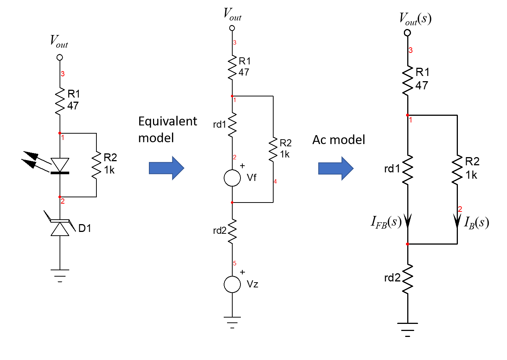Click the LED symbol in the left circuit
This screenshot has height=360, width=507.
pos(60,166)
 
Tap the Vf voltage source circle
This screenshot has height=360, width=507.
pos(232,178)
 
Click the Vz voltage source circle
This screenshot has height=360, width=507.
pos(232,284)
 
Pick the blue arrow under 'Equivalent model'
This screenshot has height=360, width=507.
pos(166,168)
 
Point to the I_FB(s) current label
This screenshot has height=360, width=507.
pos(386,222)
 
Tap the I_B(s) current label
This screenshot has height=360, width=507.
pos(477,222)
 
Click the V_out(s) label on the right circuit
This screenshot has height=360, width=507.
pos(415,19)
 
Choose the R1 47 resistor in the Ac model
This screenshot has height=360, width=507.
pos(408,79)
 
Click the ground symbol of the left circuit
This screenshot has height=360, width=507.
pos(60,275)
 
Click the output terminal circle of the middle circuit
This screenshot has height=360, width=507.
pos(232,28)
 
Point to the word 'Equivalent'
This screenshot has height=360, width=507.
pos(168,122)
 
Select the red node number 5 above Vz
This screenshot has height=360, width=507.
pos(235,264)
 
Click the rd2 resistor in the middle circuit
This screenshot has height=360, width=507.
pos(232,231)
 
